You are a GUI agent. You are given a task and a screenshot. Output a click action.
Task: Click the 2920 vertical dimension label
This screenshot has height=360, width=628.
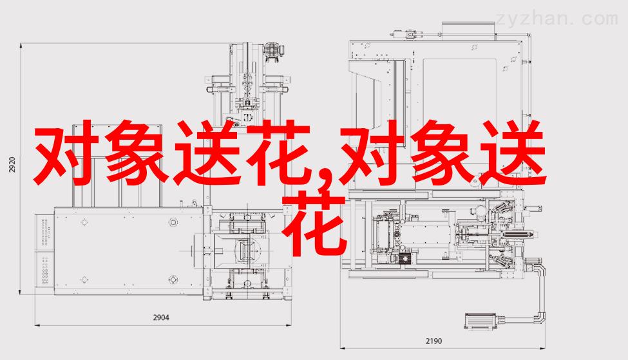click(12, 165)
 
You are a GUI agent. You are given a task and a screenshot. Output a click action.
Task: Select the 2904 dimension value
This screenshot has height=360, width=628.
click(161, 317)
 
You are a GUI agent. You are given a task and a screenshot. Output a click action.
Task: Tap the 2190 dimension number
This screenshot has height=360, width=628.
click(433, 341)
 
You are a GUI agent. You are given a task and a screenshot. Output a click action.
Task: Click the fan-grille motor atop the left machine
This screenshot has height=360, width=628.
click(274, 51)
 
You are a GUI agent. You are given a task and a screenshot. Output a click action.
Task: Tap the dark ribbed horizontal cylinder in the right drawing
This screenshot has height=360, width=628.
click(517, 234)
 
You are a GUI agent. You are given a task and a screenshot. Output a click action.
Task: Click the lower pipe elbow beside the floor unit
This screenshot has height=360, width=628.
click(542, 316)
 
